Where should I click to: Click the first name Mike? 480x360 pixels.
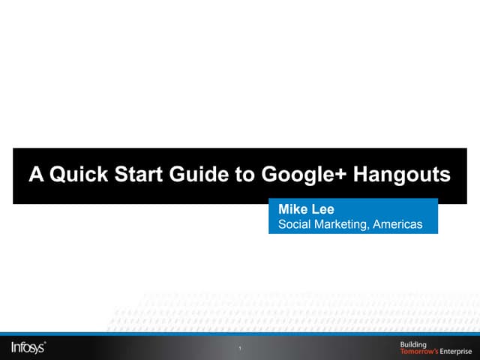[292, 209]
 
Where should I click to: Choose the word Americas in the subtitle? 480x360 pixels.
[397, 223]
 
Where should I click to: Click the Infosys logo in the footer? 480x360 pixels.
[28, 347]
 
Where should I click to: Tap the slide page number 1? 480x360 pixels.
[239, 349]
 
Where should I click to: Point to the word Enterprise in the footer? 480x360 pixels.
[456, 351]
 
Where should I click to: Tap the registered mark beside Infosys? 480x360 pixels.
[46, 342]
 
